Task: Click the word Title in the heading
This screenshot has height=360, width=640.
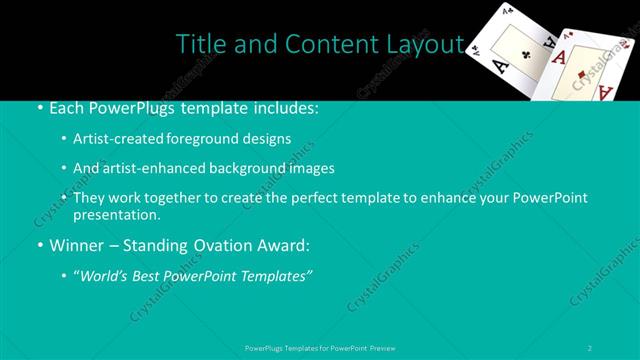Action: [199, 44]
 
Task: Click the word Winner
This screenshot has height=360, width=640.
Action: [65, 245]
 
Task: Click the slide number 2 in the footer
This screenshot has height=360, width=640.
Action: [590, 347]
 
